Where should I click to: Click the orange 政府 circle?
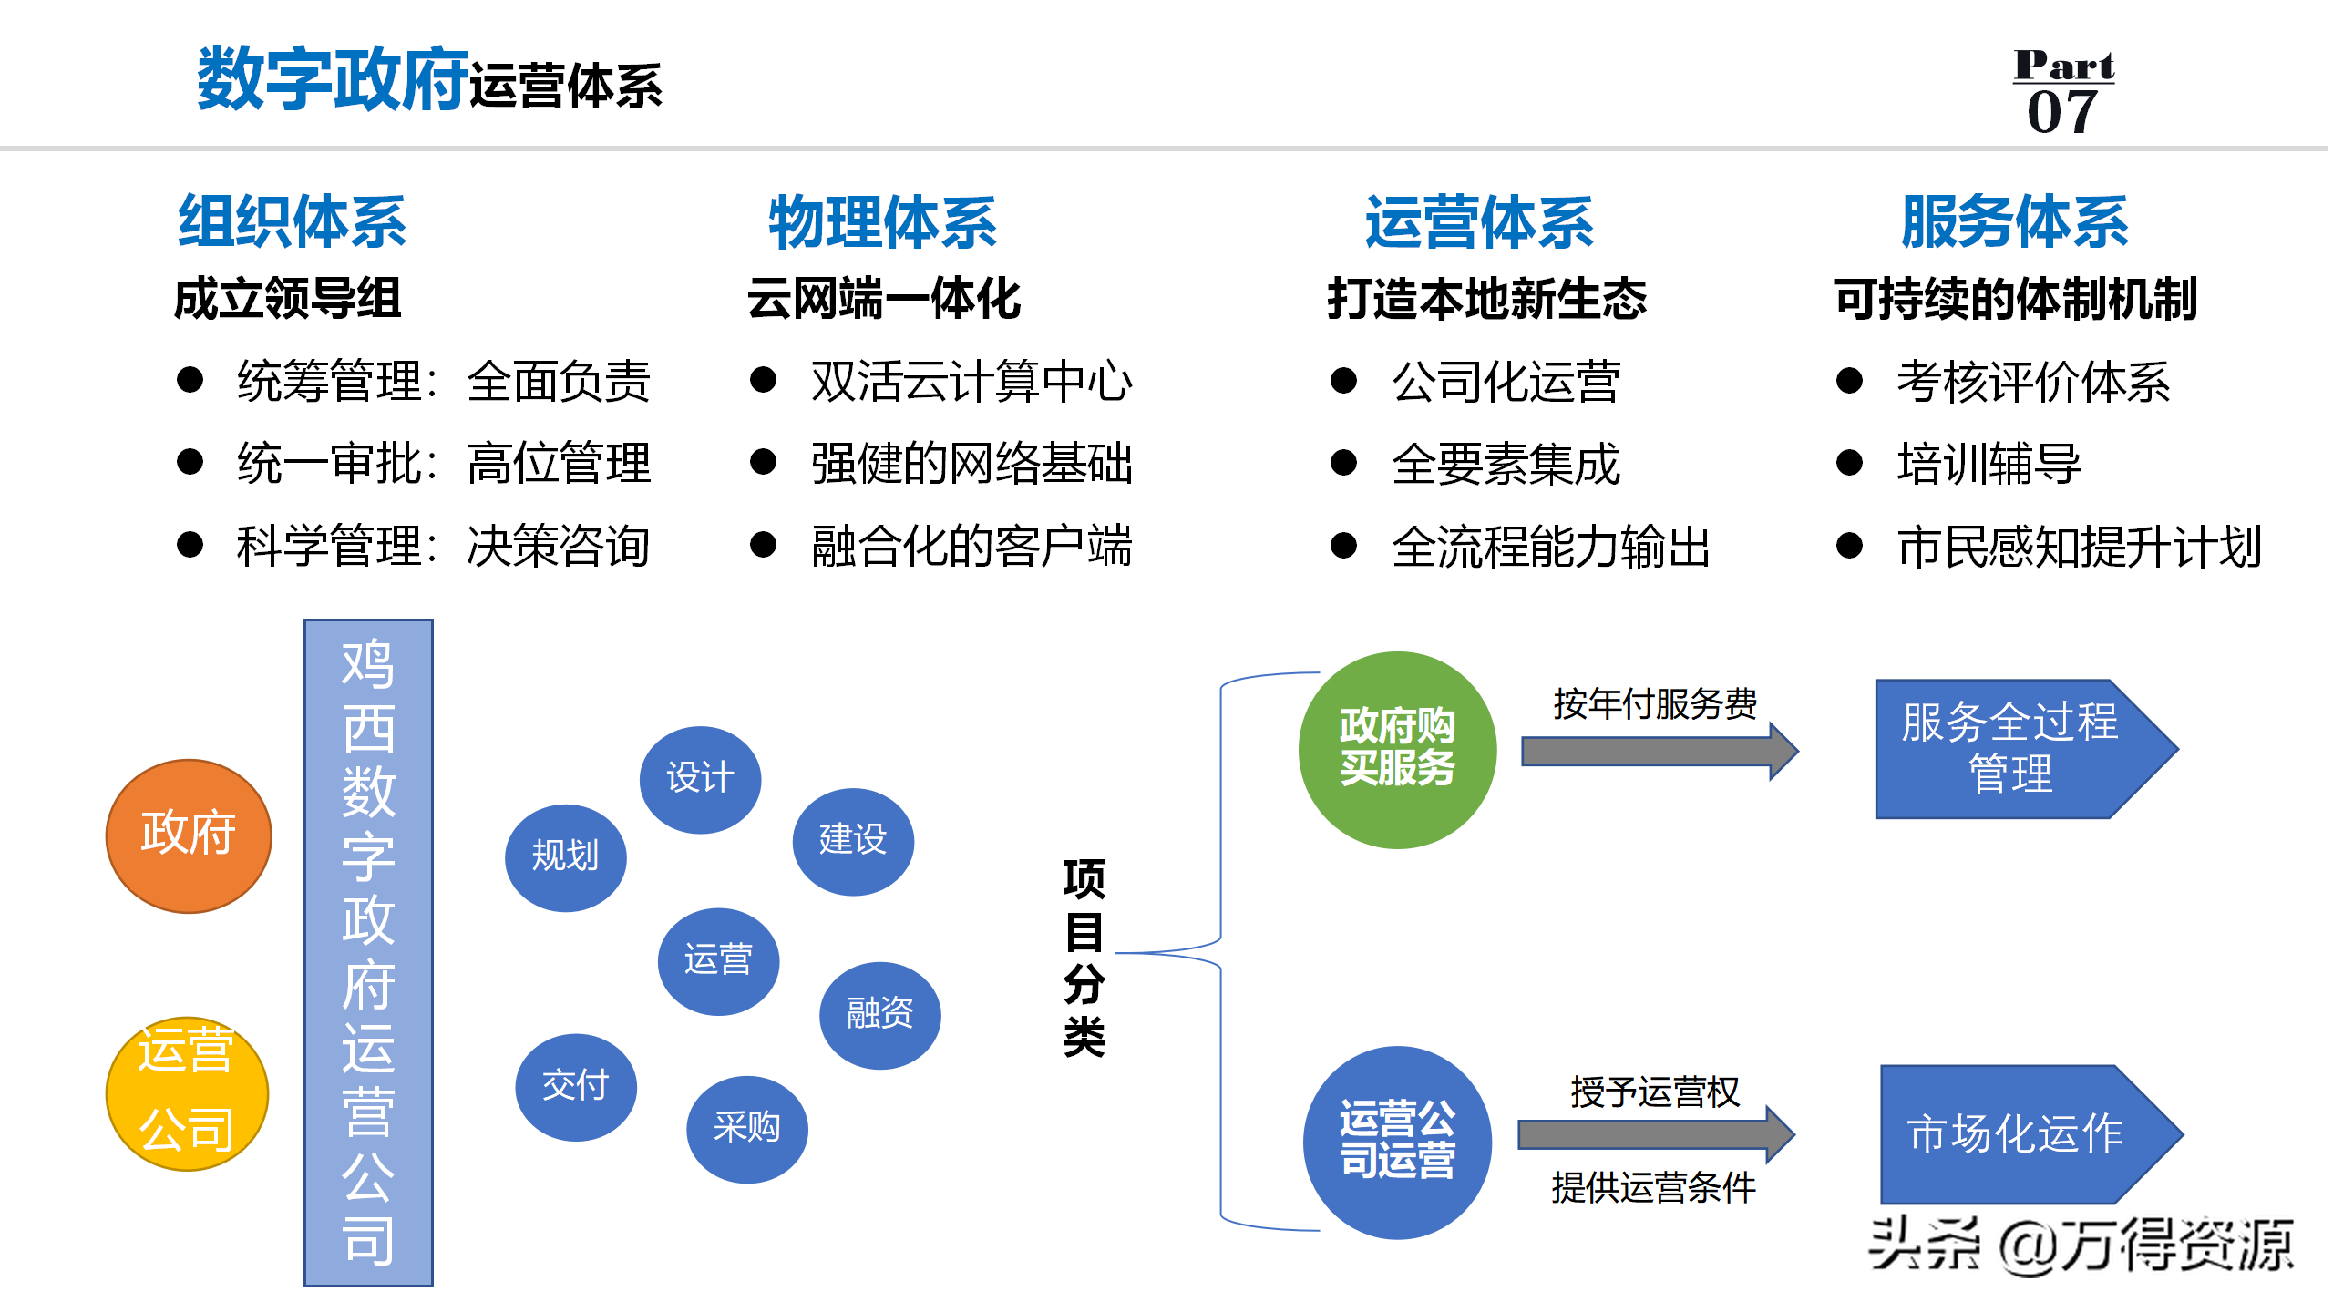tap(189, 835)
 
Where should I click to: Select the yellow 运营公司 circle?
tap(187, 1092)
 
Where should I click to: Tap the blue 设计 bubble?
tap(700, 779)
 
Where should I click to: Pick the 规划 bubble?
tap(565, 857)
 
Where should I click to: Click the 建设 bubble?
tap(853, 841)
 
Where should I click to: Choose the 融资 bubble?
tap(879, 1014)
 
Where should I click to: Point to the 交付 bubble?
tap(575, 1086)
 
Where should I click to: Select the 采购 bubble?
tap(746, 1129)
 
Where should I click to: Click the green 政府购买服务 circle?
tap(1397, 749)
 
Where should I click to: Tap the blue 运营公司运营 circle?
tap(1397, 1142)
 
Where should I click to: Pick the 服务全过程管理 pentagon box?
tap(2014, 749)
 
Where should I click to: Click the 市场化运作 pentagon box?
tap(2019, 1134)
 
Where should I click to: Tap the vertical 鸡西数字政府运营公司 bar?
tap(368, 952)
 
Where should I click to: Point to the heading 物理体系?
tap(882, 222)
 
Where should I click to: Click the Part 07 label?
tap(2063, 91)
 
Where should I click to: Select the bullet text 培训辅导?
tap(1989, 464)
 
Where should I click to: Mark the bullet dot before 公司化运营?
tap(1343, 381)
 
